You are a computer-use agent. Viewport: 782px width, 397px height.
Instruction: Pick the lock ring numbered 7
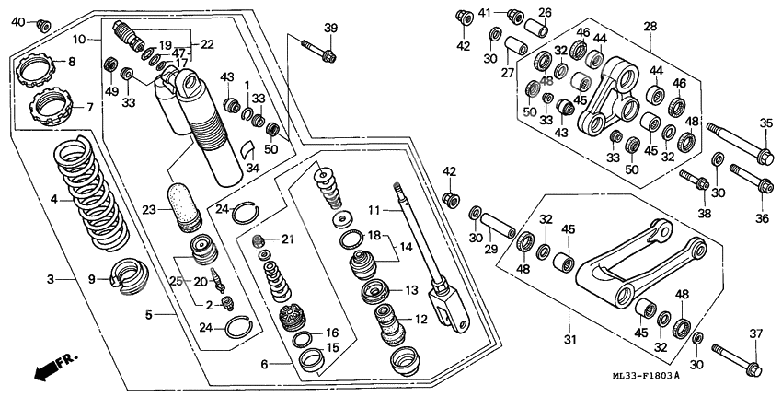[x=50, y=107]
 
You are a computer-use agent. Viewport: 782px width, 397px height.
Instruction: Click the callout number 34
[x=250, y=167]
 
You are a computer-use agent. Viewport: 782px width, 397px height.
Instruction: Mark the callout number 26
[x=545, y=13]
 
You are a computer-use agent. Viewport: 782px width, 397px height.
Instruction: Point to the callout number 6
[x=265, y=365]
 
